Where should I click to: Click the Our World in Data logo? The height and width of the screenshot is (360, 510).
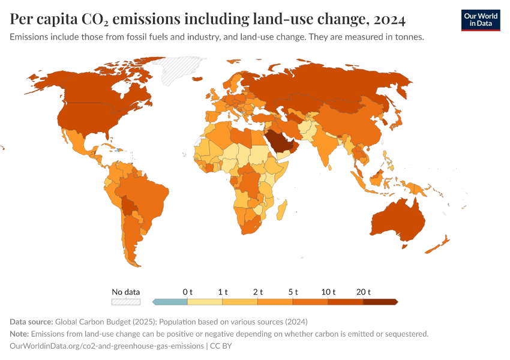[480, 20]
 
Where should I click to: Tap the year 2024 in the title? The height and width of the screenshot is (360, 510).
[389, 20]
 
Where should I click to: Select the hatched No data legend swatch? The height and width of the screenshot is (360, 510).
[126, 302]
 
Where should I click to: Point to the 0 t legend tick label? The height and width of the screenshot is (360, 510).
[188, 292]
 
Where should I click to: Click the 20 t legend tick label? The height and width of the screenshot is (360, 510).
[363, 292]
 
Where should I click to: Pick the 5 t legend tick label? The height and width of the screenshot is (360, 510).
[293, 292]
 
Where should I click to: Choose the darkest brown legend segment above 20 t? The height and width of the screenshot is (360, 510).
[380, 302]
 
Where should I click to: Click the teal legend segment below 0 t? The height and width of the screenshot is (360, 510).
[170, 302]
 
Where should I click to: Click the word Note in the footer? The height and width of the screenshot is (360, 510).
[19, 334]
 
